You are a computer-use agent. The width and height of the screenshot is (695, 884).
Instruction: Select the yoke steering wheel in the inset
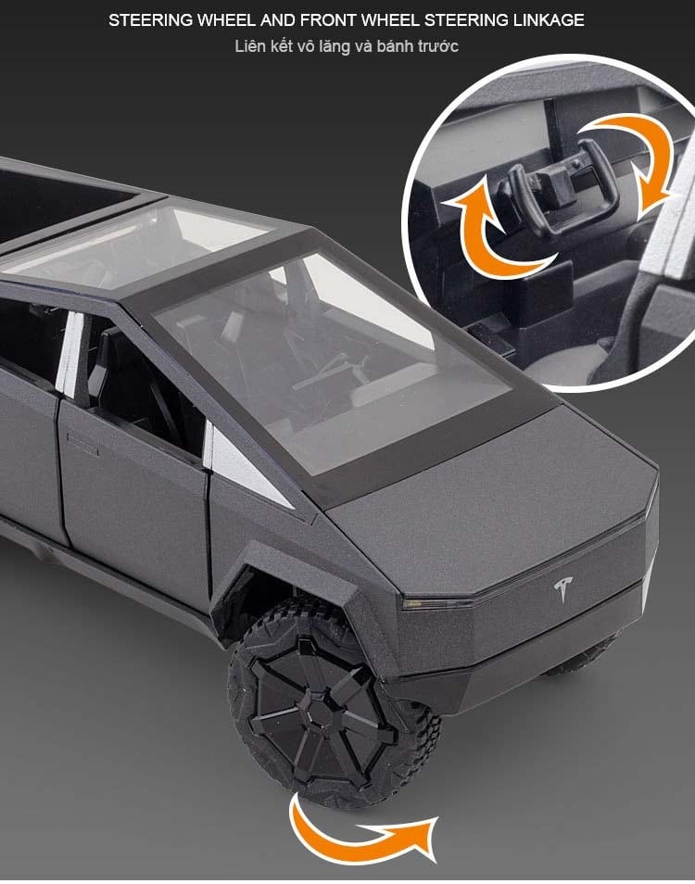555,186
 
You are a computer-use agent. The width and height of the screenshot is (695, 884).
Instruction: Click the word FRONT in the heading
328,20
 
